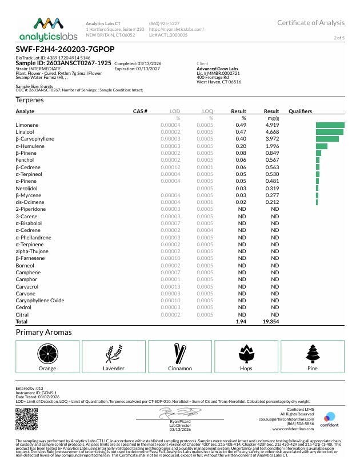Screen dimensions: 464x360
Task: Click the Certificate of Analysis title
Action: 311,23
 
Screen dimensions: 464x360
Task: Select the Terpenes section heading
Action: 30,100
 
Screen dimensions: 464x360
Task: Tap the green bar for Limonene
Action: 330,125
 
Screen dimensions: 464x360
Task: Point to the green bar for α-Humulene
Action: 321,146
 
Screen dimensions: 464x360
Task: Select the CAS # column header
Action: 140,111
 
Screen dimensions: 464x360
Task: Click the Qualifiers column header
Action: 300,111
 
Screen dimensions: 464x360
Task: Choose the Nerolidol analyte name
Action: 27,188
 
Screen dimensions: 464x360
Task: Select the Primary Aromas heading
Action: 43,332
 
